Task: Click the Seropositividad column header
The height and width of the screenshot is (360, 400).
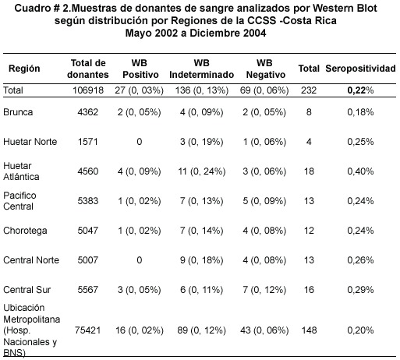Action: [x=360, y=69]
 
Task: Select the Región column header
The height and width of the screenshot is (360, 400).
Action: [x=24, y=69]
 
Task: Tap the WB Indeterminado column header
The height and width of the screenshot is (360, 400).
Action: [x=202, y=69]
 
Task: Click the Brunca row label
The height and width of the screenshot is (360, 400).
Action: [x=18, y=112]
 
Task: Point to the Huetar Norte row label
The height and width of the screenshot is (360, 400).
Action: [x=30, y=142]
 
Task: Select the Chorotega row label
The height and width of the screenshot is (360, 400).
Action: [x=25, y=231]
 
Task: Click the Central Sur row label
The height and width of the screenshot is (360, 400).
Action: [x=27, y=290]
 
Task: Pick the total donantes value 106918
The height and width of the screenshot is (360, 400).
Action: [x=88, y=90]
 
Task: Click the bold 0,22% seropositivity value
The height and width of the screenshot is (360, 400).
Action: [x=360, y=90]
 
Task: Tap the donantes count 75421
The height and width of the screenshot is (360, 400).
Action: [x=88, y=330]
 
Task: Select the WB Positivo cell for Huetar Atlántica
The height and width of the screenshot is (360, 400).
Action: [x=140, y=171]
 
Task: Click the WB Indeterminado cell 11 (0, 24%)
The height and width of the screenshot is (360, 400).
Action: [x=202, y=171]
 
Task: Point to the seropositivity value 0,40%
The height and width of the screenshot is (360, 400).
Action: [x=360, y=171]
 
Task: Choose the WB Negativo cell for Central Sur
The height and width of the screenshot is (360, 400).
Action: [x=264, y=290]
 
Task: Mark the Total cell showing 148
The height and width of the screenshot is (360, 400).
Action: [x=309, y=330]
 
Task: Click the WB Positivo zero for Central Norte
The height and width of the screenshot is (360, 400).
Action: [x=140, y=260]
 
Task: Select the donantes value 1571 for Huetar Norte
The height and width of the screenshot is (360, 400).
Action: [x=88, y=142]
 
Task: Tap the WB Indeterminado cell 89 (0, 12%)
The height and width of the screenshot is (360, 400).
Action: [x=202, y=330]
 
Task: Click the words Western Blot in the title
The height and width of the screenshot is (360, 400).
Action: [x=345, y=9]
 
